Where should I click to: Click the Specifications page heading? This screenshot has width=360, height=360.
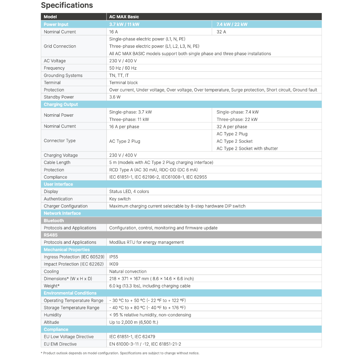tap(67, 5)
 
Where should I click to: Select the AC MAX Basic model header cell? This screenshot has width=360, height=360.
tap(124, 17)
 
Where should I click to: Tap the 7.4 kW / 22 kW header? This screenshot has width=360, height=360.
tap(232, 24)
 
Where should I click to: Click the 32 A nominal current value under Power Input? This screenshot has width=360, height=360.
tap(221, 32)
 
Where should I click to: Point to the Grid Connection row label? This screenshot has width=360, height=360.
tap(60, 46)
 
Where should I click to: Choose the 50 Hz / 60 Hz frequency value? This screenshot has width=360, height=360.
tap(123, 68)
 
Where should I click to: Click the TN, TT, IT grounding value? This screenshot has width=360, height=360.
tap(119, 75)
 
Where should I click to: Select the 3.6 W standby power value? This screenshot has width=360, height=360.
tap(115, 97)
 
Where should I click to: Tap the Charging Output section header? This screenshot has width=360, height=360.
tap(61, 104)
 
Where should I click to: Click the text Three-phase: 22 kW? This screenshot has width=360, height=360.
tap(237, 119)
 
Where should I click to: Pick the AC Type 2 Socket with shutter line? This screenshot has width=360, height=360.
tap(247, 148)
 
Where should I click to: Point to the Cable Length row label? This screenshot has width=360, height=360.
tap(57, 162)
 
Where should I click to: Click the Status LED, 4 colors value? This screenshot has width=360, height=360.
tap(129, 192)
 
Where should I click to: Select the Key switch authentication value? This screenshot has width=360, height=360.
tap(120, 199)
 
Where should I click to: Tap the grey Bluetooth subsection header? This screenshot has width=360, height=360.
tap(54, 220)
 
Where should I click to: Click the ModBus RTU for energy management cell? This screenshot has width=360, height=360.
tap(146, 242)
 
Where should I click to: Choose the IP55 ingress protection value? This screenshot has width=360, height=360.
tap(114, 257)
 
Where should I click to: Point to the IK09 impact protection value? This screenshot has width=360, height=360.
tap(114, 264)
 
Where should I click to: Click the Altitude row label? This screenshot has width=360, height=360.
tap(51, 322)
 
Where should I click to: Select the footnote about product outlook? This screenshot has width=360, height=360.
tap(120, 353)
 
